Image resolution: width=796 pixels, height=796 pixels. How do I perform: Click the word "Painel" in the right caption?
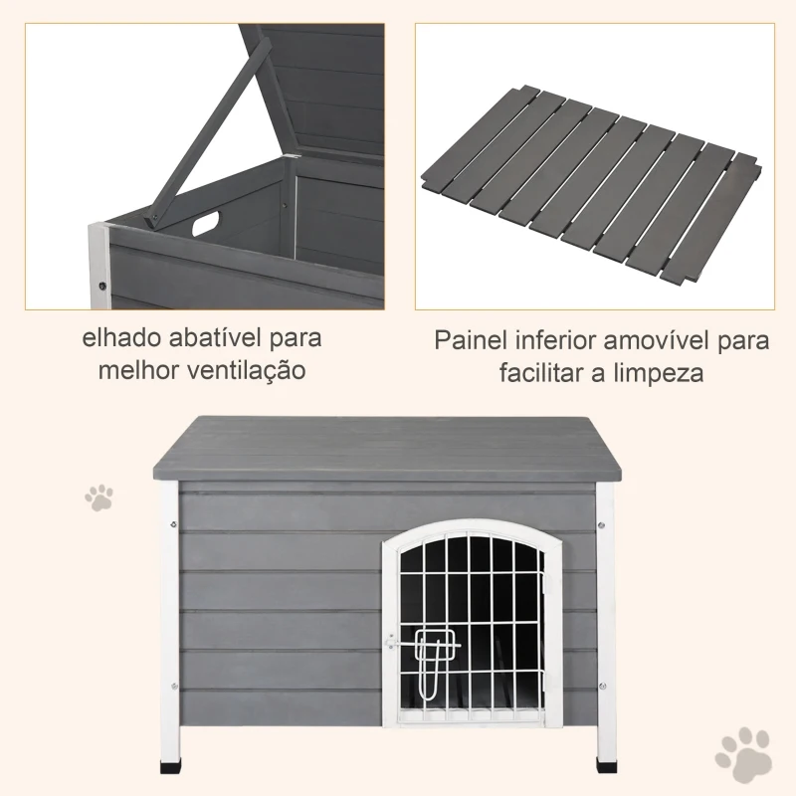[471, 340]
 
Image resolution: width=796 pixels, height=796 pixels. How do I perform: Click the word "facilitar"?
[543, 374]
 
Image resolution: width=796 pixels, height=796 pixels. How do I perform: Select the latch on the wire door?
[432, 648]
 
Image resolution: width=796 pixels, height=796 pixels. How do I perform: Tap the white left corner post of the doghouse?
[167, 617]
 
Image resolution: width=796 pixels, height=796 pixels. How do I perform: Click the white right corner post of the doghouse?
[605, 617]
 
